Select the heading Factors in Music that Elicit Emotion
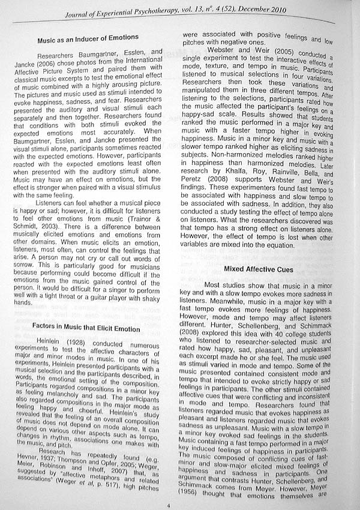[x=88, y=329]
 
